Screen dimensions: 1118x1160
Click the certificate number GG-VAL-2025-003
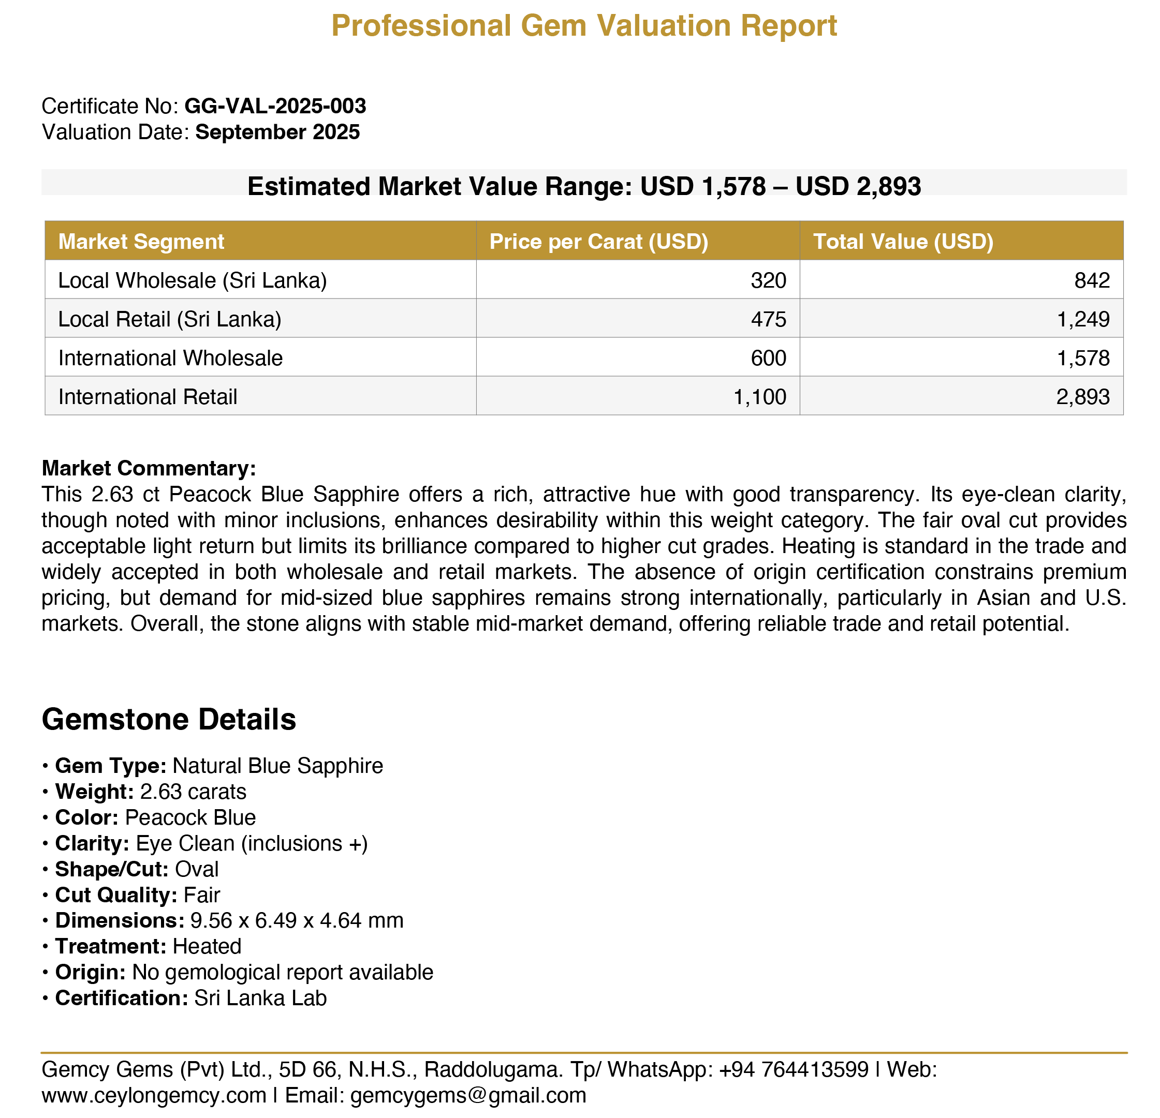point(275,107)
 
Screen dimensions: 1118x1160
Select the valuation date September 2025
point(277,132)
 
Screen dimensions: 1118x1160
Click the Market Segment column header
point(141,242)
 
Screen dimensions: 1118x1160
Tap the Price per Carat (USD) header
point(598,242)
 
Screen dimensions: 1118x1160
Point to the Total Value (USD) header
point(903,242)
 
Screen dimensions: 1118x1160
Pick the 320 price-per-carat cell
point(768,280)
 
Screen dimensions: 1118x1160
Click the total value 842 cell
point(1092,280)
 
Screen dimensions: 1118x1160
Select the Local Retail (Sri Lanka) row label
point(169,319)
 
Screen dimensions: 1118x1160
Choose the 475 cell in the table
point(768,319)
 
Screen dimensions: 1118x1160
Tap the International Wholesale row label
point(170,358)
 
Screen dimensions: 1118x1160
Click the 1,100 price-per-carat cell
point(759,396)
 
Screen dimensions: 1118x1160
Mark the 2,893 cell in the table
point(1082,396)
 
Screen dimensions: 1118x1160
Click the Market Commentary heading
point(149,468)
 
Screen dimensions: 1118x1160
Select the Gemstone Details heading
point(169,719)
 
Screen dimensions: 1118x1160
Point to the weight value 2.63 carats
point(193,792)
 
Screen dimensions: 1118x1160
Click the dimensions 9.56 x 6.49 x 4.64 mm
point(297,920)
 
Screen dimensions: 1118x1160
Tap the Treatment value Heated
point(207,946)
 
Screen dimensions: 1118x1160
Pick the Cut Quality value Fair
point(202,895)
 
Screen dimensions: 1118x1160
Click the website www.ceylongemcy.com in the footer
point(154,1096)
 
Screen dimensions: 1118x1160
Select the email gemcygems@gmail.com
point(467,1096)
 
